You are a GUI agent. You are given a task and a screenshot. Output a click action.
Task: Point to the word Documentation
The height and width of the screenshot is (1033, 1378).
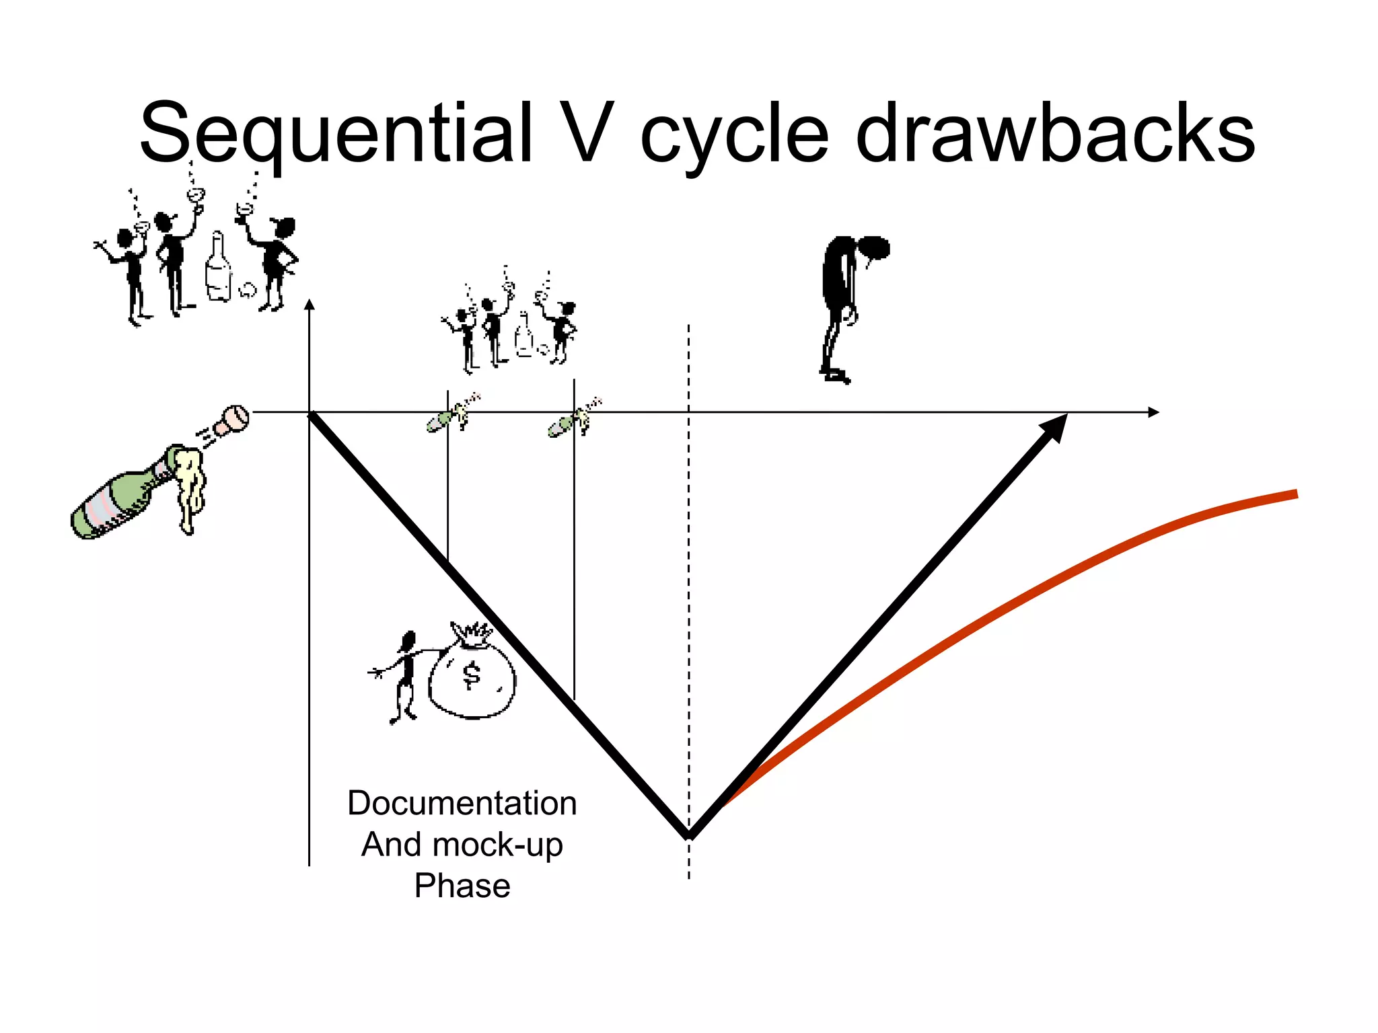coord(462,803)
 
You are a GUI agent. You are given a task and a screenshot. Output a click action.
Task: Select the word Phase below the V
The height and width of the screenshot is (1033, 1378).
coord(462,886)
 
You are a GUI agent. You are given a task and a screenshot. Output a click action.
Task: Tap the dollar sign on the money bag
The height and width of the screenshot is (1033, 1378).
coord(472,675)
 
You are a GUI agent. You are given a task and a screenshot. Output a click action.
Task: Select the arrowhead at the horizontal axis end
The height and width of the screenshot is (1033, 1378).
coord(1153,412)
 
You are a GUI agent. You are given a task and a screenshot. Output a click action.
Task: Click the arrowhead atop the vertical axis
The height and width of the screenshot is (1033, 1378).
coord(310,305)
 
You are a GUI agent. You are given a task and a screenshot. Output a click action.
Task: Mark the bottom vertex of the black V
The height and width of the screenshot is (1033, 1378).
coord(689,836)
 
